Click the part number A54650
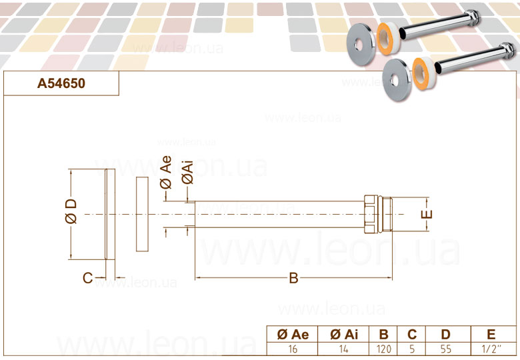pos(61,83)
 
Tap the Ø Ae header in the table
pos(293,335)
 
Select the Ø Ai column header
pos(344,335)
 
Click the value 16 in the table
pos(293,349)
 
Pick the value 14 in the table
pos(344,349)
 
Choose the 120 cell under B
pos(384,349)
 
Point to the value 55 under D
pos(446,349)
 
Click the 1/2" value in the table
pos(491,349)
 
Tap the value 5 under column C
pos(412,349)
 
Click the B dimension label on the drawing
pos(293,278)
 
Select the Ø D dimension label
pos(71,211)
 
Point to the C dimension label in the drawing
pos(87,278)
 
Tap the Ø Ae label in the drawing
pos(166,173)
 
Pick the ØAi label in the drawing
pos(187,173)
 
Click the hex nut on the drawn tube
pos(371,214)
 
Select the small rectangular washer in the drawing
pos(142,214)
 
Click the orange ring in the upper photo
pos(387,39)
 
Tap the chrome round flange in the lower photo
pos(397,79)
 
